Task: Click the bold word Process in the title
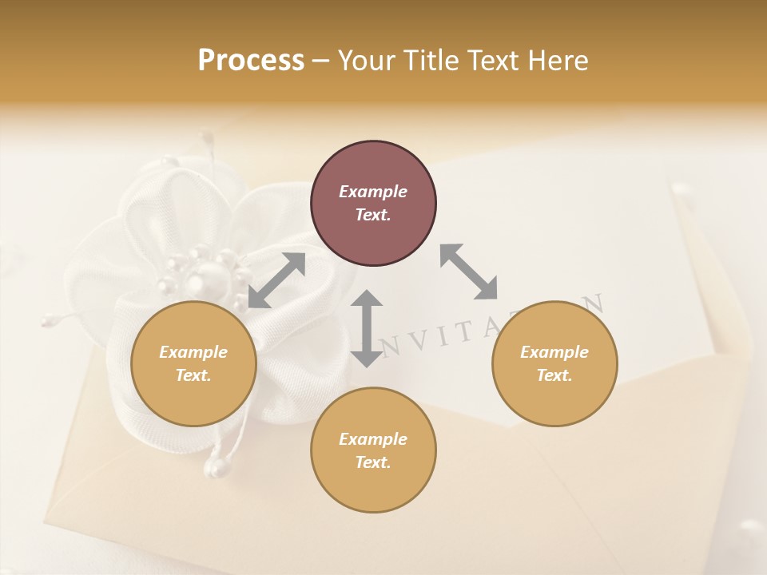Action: (x=251, y=61)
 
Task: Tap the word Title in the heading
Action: (x=431, y=61)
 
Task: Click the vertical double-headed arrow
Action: (x=367, y=328)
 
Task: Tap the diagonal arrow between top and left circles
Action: (x=276, y=280)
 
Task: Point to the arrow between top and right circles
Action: (x=469, y=272)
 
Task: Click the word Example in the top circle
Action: (x=373, y=192)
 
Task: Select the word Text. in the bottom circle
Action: (x=373, y=462)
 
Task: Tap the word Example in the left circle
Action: (x=193, y=352)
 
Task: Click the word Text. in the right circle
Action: (x=554, y=375)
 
